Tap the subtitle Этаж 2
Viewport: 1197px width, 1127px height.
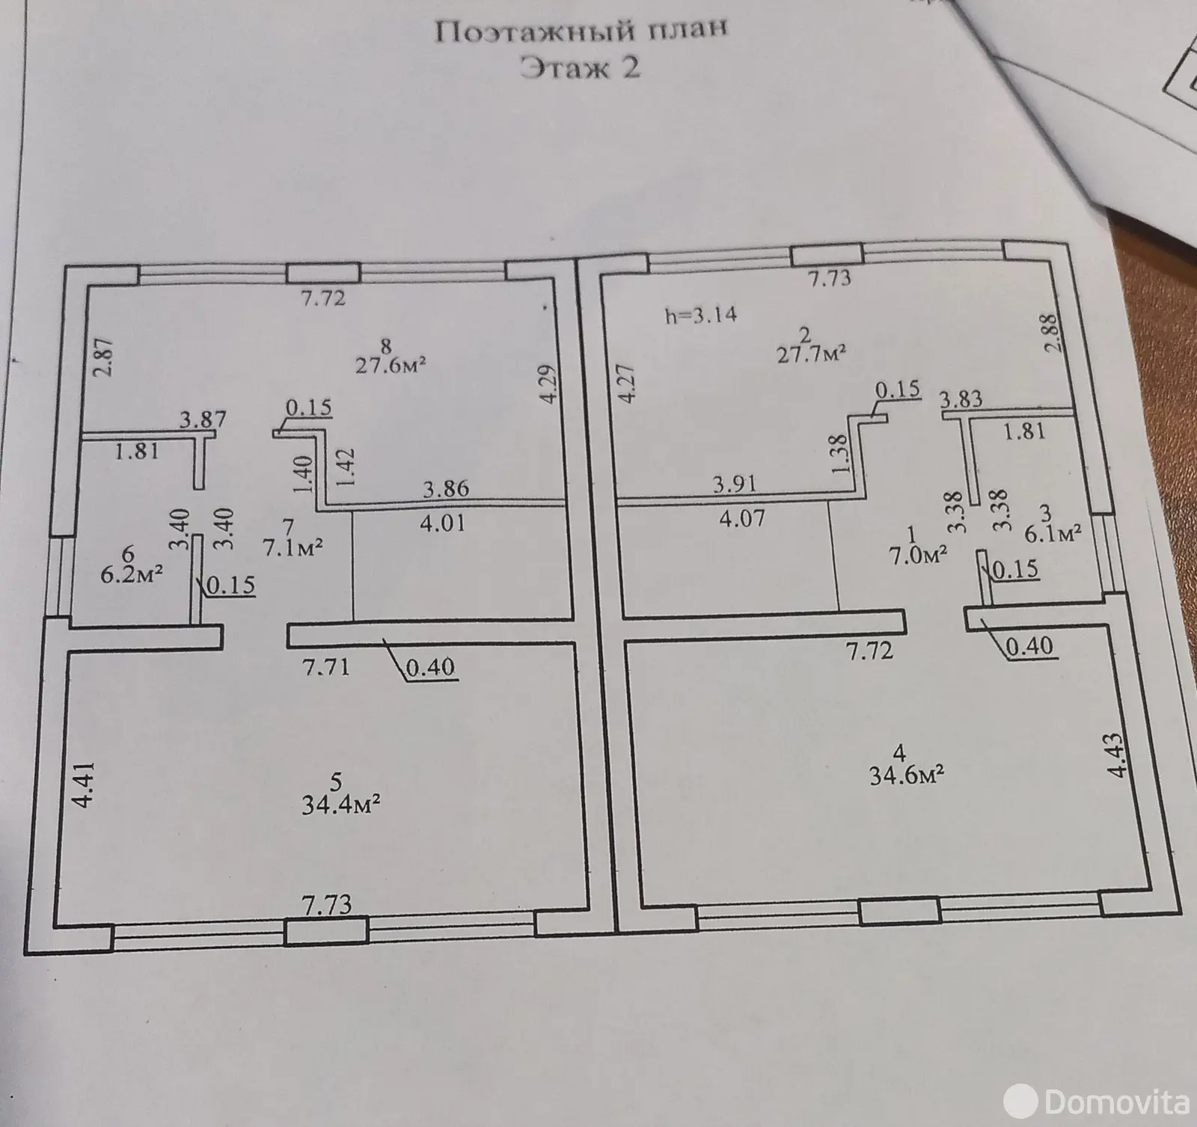point(581,69)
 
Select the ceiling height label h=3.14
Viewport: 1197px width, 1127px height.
point(701,315)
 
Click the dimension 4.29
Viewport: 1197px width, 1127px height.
point(551,384)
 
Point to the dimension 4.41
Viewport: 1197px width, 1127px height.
point(85,784)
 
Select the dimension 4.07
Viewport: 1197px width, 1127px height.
point(740,518)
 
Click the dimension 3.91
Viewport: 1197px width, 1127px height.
point(735,484)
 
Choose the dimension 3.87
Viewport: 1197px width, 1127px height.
point(203,419)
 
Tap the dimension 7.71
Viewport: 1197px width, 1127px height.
point(325,666)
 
